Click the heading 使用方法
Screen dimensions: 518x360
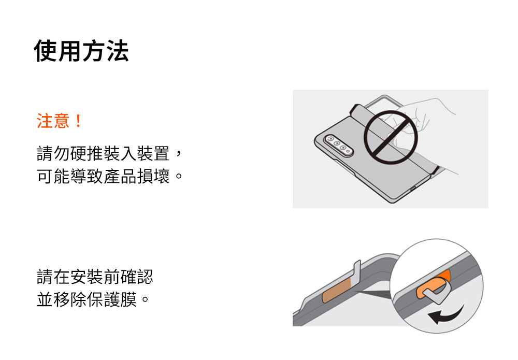click(81, 51)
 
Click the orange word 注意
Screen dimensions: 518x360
click(53, 121)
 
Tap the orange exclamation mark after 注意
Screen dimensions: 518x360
click(78, 121)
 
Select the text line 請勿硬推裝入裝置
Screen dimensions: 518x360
click(103, 153)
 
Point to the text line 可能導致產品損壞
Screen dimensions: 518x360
click(103, 176)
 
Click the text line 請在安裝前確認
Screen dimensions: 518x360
click(95, 277)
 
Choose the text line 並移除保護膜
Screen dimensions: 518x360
click(87, 299)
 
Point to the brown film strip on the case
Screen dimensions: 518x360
click(337, 290)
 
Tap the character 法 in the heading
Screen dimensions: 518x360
click(117, 51)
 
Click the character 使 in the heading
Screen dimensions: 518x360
click(46, 51)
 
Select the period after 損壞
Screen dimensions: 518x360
click(179, 176)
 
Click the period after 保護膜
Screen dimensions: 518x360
click(145, 299)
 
